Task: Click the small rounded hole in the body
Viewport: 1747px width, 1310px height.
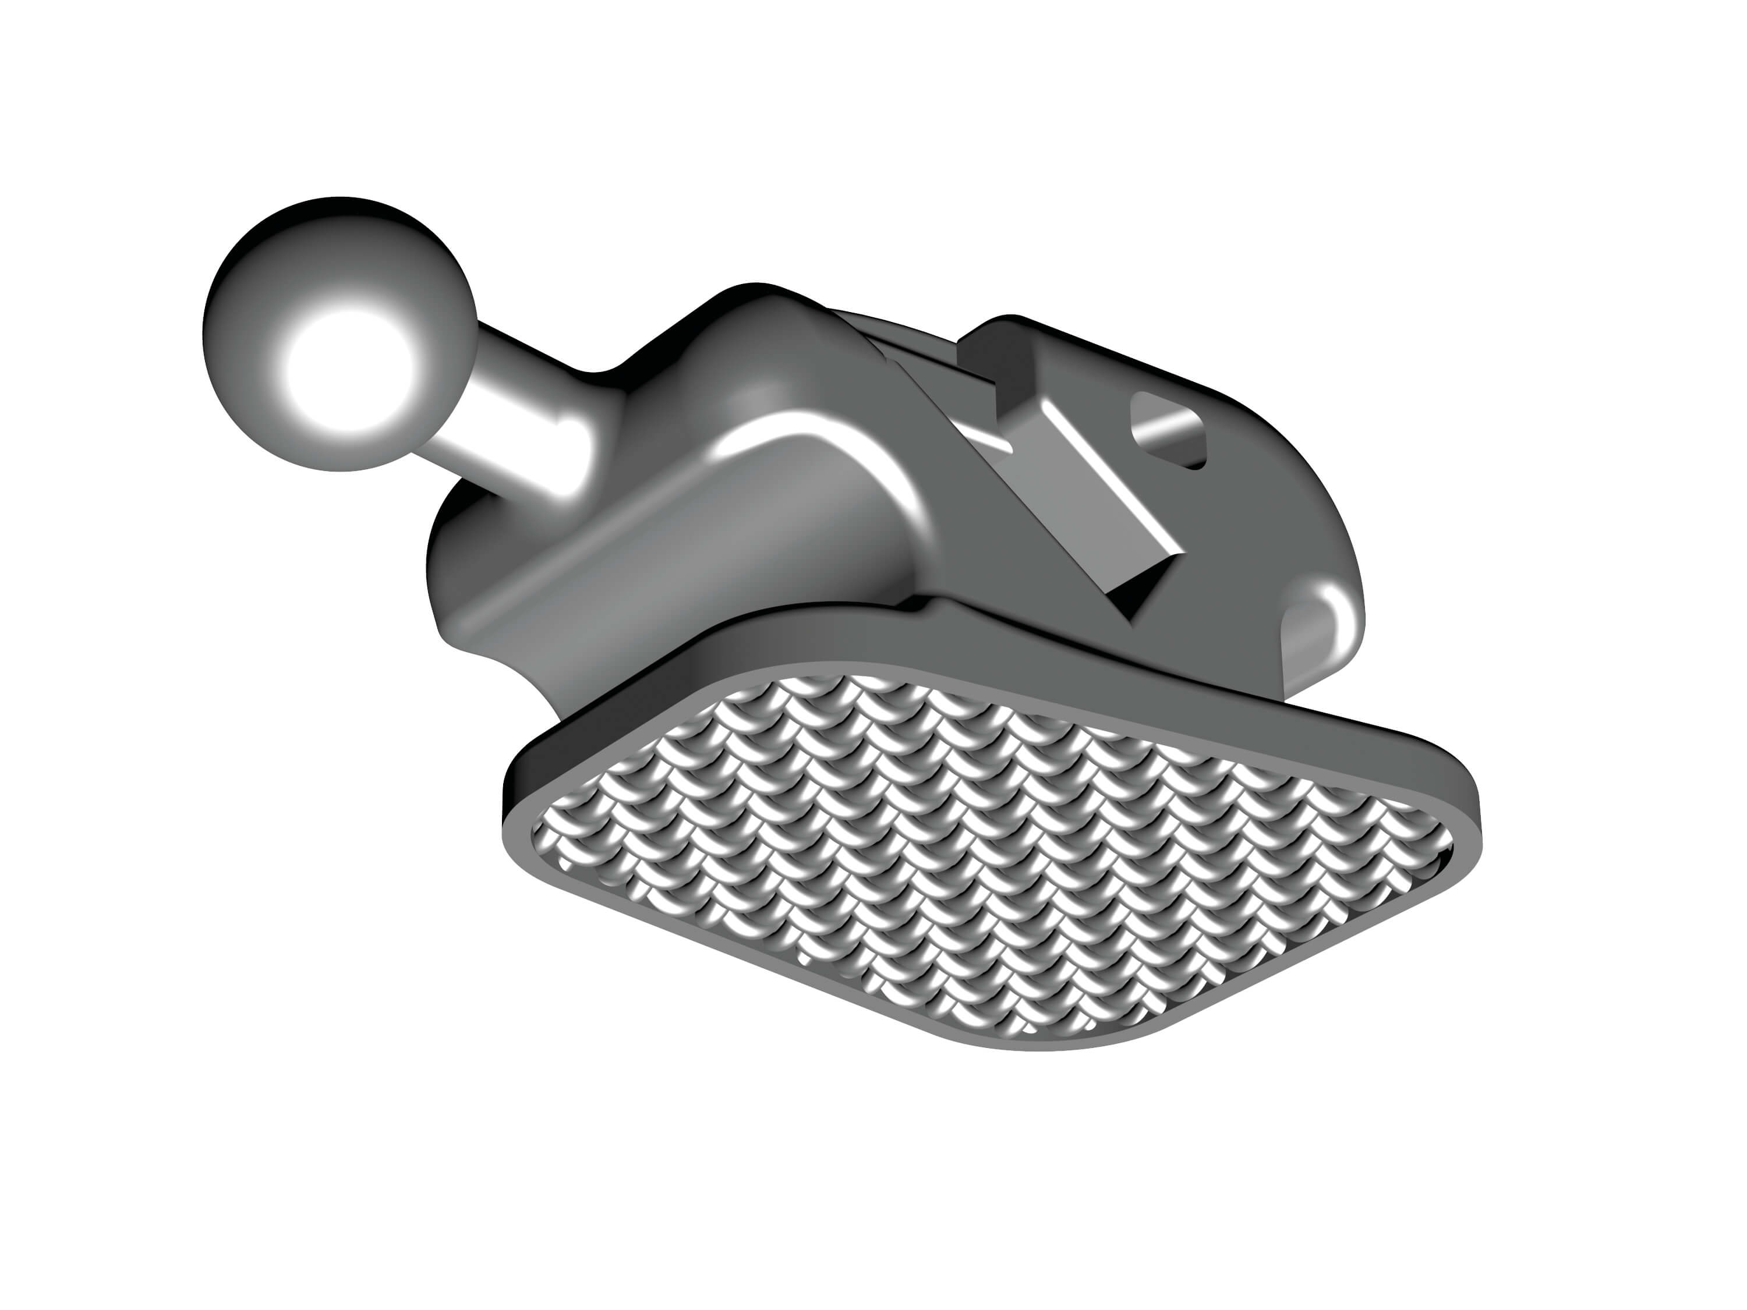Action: click(x=1168, y=430)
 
